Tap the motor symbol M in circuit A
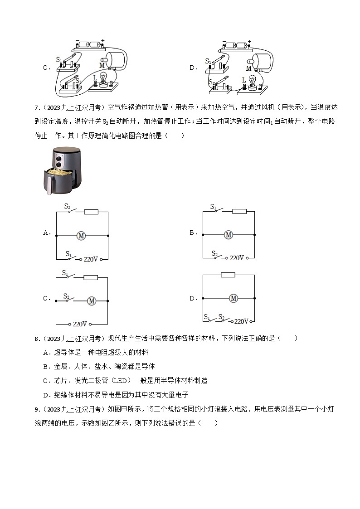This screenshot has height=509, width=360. coord(82,235)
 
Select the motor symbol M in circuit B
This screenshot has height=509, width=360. coord(229,235)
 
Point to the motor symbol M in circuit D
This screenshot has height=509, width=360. coord(234,298)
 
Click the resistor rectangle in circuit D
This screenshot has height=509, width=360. coord(228,275)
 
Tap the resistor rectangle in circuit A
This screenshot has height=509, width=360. coord(92,212)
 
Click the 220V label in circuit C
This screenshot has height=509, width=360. coord(79,324)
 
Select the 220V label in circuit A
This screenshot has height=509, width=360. coord(91,259)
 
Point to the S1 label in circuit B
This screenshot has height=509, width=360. coord(213,207)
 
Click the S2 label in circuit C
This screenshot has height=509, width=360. coord(66,295)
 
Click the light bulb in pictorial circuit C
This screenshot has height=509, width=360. coord(103,78)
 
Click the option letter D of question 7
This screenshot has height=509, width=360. coord(193,298)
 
